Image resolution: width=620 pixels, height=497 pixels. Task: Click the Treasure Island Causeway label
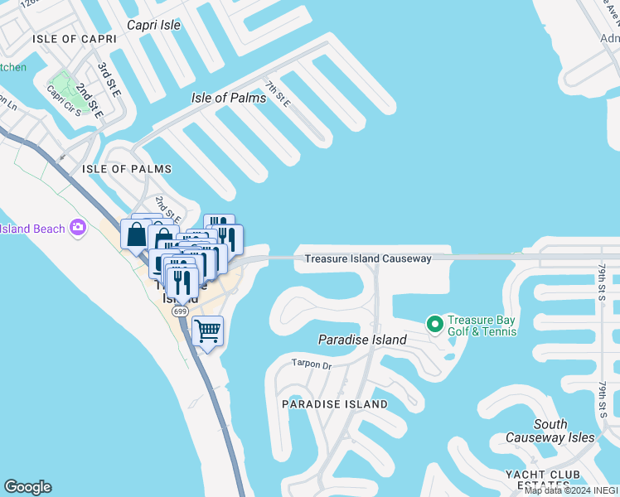click(367, 258)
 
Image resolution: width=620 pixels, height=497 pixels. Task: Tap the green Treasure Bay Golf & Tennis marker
click(433, 323)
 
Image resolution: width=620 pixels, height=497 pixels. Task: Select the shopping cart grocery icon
click(208, 331)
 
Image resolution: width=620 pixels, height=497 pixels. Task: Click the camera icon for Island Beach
click(78, 227)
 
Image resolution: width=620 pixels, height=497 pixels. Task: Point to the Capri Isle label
click(153, 25)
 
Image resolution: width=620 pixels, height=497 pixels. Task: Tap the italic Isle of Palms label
click(229, 98)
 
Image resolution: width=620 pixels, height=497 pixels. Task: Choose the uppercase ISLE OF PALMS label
click(127, 169)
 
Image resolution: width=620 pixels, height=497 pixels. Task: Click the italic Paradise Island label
click(362, 340)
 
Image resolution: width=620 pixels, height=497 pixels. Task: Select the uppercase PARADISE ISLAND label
click(334, 404)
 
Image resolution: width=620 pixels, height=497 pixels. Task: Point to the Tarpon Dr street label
click(311, 364)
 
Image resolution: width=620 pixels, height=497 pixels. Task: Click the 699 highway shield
click(180, 311)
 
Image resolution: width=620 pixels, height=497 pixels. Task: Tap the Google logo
click(27, 487)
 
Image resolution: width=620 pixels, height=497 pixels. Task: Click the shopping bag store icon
click(134, 234)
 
